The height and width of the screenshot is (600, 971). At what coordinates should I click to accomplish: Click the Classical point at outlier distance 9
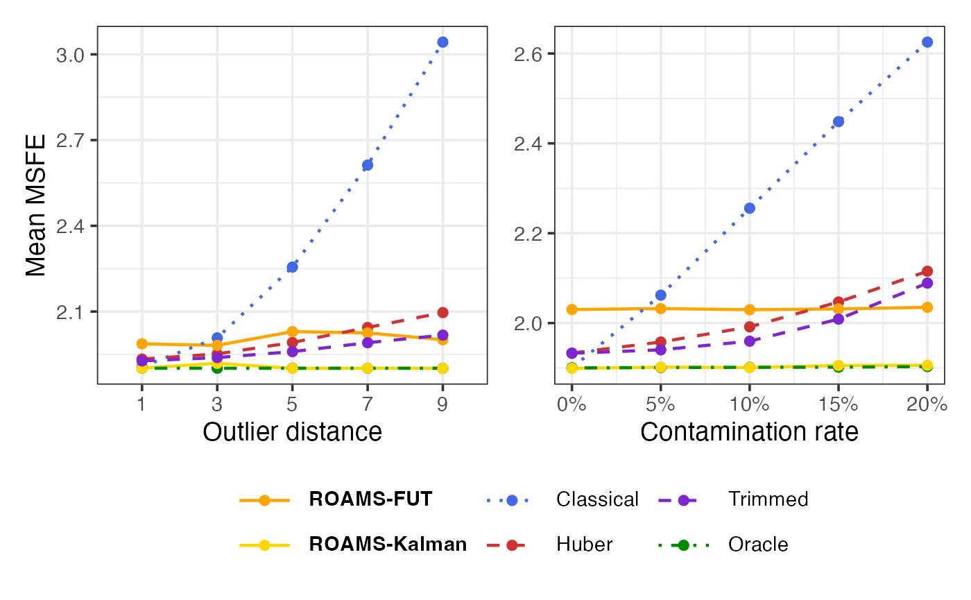click(442, 42)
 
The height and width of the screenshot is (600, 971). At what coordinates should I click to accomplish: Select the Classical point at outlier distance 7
click(368, 165)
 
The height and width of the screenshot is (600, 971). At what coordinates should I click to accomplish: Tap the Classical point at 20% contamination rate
click(927, 42)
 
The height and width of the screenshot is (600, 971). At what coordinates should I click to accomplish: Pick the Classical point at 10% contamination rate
click(750, 208)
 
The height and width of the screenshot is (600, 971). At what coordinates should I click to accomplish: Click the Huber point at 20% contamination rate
click(927, 271)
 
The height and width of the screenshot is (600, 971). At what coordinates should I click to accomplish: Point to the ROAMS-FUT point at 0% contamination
click(572, 309)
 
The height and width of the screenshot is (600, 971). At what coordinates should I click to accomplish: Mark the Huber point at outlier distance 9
click(442, 313)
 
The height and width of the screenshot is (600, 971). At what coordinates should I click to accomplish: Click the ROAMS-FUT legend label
click(370, 499)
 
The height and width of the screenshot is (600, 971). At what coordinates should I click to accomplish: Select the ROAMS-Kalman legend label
click(388, 545)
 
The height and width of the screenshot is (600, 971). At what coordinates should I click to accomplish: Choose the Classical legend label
click(597, 499)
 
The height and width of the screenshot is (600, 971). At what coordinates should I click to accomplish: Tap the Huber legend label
click(584, 545)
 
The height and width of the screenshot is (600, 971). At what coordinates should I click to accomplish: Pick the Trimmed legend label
click(768, 499)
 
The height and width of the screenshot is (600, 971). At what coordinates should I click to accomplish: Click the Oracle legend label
click(758, 545)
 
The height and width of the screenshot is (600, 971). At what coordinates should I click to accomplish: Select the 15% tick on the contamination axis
click(839, 404)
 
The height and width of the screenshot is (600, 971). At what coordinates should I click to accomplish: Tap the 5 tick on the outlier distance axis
click(292, 404)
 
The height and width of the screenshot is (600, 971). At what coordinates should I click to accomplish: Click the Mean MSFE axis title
click(36, 205)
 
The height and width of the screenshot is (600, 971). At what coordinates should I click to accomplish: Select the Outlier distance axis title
click(292, 432)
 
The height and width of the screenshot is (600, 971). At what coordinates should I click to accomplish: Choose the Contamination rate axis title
click(749, 432)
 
